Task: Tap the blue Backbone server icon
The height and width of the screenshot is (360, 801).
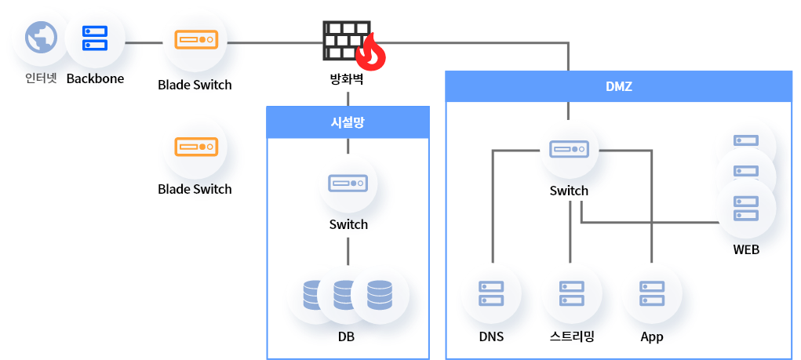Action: click(x=95, y=37)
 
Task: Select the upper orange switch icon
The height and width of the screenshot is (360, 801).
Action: click(x=195, y=39)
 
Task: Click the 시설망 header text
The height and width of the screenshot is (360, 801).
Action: click(x=348, y=122)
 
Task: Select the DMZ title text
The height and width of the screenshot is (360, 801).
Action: click(x=619, y=86)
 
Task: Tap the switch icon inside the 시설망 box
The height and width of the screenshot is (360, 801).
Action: click(x=348, y=183)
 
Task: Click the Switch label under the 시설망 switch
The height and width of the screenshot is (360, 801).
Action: click(x=348, y=224)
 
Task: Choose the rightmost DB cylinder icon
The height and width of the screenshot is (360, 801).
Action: click(x=380, y=295)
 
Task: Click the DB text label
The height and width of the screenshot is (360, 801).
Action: click(x=347, y=336)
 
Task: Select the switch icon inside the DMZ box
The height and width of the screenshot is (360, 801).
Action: click(x=570, y=149)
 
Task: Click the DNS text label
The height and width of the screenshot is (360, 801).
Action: click(x=491, y=336)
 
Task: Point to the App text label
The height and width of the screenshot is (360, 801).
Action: click(x=652, y=336)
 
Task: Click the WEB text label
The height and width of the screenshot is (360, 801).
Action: click(x=746, y=249)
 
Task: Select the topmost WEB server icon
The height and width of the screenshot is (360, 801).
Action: click(x=745, y=140)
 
